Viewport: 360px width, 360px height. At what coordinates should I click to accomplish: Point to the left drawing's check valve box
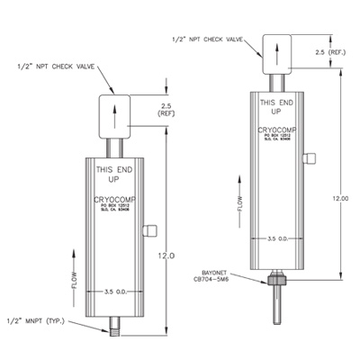(114, 114)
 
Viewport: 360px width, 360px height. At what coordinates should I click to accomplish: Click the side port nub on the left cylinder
(151, 229)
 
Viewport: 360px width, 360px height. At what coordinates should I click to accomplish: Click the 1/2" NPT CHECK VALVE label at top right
(209, 39)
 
